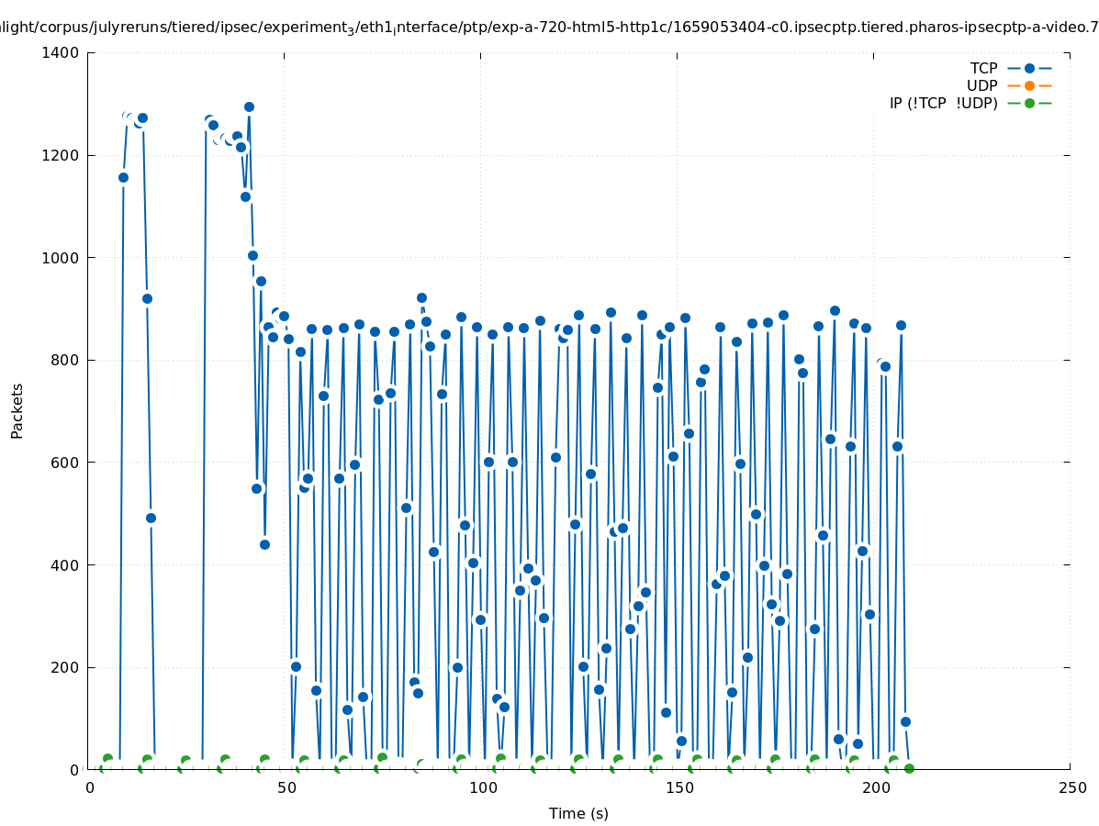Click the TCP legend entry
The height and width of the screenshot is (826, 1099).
coord(983,68)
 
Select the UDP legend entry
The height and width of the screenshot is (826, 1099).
coord(981,85)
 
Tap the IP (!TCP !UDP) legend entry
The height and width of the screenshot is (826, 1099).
coord(943,103)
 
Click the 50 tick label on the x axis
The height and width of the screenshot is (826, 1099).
coord(285,787)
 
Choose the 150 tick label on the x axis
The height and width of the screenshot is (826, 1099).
coord(678,787)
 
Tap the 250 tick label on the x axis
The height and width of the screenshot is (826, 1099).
coord(1071,787)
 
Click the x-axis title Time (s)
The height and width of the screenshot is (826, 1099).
coord(578,813)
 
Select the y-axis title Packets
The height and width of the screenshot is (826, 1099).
coord(17,410)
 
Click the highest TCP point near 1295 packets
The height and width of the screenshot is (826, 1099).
coord(249,106)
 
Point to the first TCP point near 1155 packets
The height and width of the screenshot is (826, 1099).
coord(123,177)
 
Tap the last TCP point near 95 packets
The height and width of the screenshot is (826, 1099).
coord(905,721)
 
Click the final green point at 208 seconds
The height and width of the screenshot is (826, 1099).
coord(909,768)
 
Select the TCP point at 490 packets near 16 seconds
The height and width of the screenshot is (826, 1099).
coord(151,518)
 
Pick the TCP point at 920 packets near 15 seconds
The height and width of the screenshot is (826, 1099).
coord(147,298)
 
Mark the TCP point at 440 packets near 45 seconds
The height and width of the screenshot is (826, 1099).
coord(264,544)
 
